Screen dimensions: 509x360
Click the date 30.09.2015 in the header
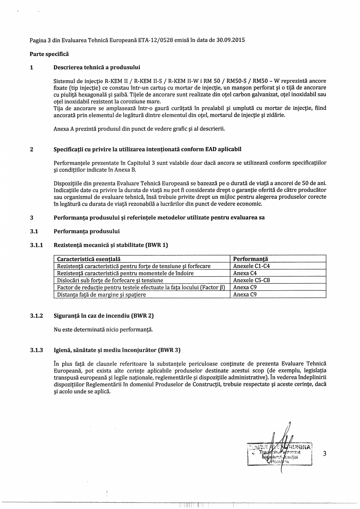(231, 40)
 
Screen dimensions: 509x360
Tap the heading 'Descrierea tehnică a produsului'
(97, 67)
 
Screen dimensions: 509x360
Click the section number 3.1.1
(36, 245)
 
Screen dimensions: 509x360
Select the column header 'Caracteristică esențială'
(89, 259)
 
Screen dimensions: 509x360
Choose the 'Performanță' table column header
(250, 259)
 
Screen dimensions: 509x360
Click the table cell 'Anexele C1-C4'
(252, 266)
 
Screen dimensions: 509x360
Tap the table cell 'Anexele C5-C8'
(252, 280)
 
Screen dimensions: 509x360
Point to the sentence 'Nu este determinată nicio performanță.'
(103, 329)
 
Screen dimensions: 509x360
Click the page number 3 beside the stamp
(324, 454)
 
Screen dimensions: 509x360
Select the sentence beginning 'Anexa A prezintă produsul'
(139, 128)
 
